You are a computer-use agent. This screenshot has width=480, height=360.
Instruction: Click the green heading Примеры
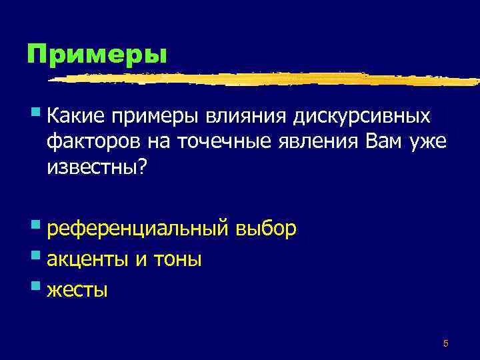coord(96,53)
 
